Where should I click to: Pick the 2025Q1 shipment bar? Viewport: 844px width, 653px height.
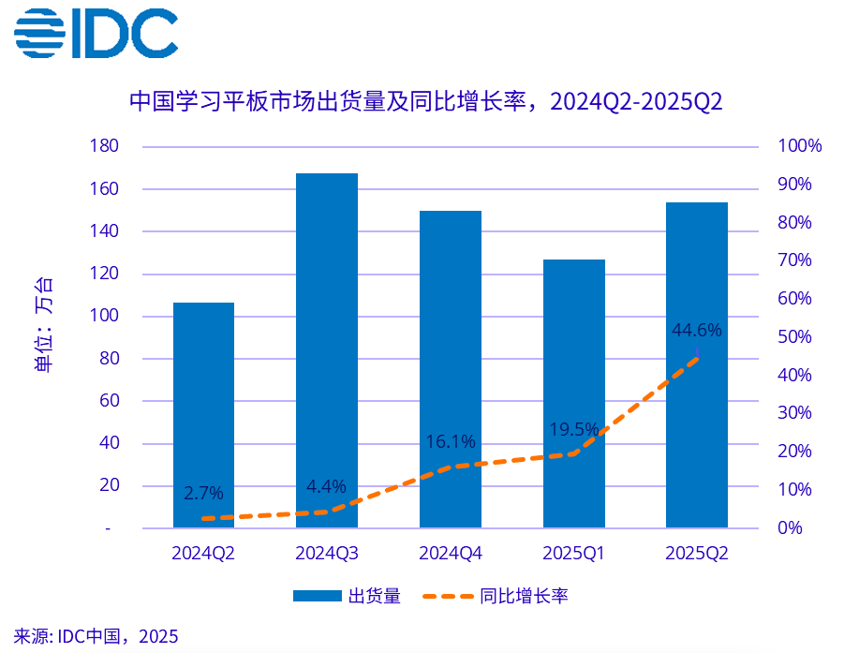coord(573,393)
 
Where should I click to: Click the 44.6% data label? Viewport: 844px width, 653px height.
coord(697,330)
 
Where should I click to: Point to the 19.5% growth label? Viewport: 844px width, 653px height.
coord(573,429)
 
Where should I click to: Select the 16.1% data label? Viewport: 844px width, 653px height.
coord(451,441)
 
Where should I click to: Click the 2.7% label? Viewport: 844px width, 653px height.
coord(203,493)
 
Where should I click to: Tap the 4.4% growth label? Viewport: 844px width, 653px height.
coord(326,486)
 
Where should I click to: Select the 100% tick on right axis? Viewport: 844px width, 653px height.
coord(799,146)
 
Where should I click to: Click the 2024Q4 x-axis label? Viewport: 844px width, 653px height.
coord(451,554)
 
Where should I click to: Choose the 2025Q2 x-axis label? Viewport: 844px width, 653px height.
coord(696,554)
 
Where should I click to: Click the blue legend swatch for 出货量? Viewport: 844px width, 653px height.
coord(318,596)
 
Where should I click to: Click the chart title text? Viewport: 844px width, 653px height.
coord(425,101)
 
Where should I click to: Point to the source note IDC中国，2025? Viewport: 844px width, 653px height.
coord(96,636)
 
